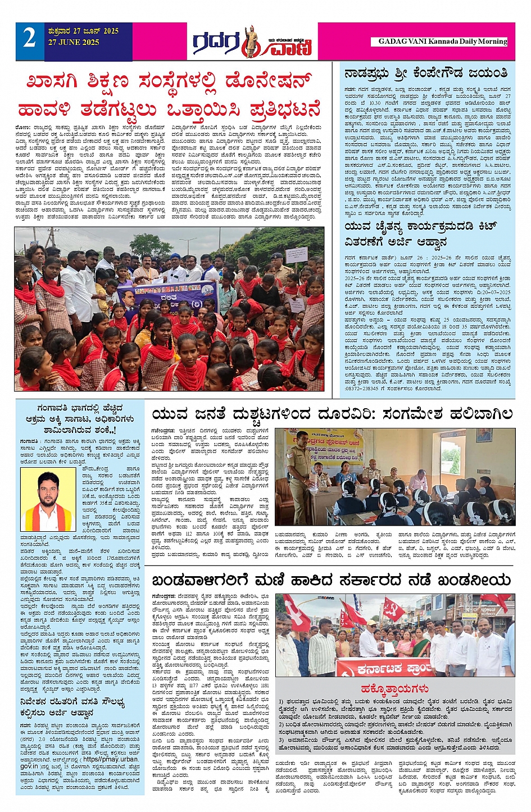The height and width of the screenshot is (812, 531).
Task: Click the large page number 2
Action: click(30, 39)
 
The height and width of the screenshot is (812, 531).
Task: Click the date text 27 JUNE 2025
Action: click(74, 43)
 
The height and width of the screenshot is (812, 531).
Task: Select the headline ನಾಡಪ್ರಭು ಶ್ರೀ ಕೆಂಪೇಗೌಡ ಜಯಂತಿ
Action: click(426, 74)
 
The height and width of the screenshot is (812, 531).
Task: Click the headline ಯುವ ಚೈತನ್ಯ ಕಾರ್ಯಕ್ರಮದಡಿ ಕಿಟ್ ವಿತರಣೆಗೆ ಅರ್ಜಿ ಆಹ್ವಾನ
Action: click(421, 234)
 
